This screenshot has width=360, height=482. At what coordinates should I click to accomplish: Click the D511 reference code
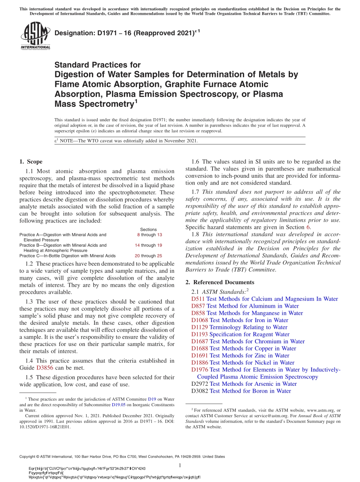pyautogui.click(x=198, y=299)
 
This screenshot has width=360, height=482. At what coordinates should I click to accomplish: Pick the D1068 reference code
pyautogui.click(x=200, y=320)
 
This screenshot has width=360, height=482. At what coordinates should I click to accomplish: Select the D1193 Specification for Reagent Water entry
pyautogui.click(x=240, y=334)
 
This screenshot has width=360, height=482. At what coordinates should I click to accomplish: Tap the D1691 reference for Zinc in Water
pyautogui.click(x=200, y=355)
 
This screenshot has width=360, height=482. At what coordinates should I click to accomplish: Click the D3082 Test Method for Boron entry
pyautogui.click(x=241, y=391)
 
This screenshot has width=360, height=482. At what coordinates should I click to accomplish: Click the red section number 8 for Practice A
pyautogui.click(x=138, y=235)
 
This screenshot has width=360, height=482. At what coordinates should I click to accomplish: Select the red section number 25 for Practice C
pyautogui.click(x=160, y=256)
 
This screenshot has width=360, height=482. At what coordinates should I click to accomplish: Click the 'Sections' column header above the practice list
pyautogui.click(x=148, y=230)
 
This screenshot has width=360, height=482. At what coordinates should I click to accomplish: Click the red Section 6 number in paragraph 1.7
pyautogui.click(x=308, y=227)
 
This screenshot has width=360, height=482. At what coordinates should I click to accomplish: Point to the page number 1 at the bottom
pyautogui.click(x=180, y=465)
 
